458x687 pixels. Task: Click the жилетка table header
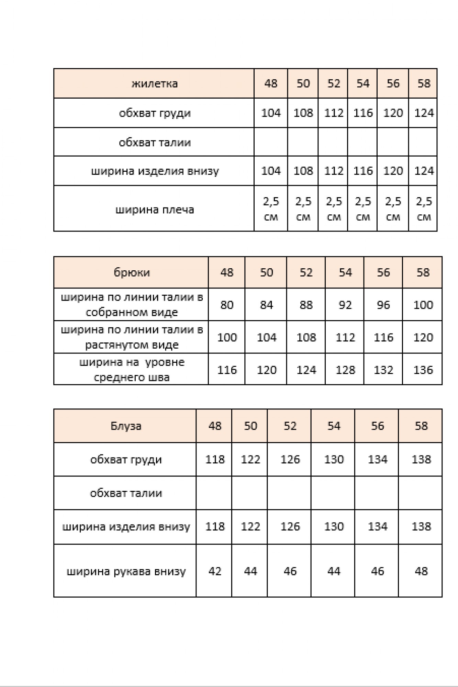(x=154, y=83)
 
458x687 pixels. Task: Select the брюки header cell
(x=132, y=272)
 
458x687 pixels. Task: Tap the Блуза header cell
(x=126, y=426)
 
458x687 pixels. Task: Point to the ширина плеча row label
(x=154, y=209)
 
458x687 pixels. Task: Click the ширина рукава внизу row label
(x=126, y=571)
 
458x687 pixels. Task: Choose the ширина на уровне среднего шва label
(x=132, y=370)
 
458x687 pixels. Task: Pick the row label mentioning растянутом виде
(x=132, y=337)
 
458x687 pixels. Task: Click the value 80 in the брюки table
(x=227, y=305)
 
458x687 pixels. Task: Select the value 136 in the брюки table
(x=423, y=370)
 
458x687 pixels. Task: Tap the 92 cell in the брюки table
(x=345, y=305)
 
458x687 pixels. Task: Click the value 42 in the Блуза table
(x=215, y=571)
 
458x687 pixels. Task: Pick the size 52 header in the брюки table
(x=306, y=272)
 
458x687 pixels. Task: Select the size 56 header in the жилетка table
(x=393, y=83)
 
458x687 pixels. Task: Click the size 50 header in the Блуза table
(x=250, y=426)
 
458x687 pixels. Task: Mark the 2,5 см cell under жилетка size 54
(x=363, y=209)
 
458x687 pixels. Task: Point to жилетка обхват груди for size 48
(x=271, y=113)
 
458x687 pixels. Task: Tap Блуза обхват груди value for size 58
(x=421, y=459)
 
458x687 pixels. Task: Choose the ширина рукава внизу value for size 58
(x=421, y=571)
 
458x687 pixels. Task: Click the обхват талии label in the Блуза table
(x=126, y=493)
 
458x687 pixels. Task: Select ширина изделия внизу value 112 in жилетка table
(x=334, y=171)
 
